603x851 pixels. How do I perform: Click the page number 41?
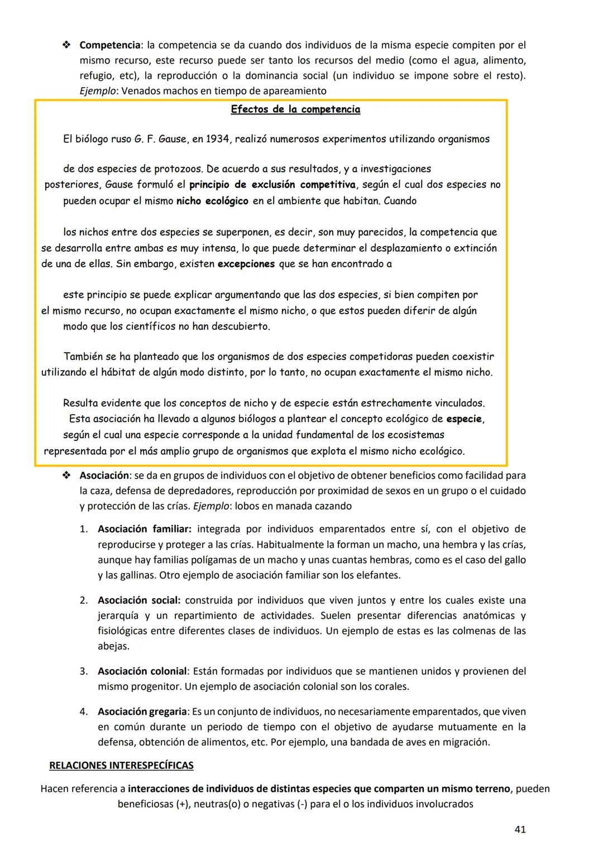[519, 829]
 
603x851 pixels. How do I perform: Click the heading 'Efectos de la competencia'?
[295, 109]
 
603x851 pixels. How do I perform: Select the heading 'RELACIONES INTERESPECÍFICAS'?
[121, 765]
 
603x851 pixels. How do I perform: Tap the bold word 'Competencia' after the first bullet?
[111, 45]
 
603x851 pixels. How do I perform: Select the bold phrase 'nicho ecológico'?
[212, 201]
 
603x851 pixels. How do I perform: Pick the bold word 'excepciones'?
[246, 264]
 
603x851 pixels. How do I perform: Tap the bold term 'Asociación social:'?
[139, 600]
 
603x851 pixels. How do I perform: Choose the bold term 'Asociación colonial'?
[142, 671]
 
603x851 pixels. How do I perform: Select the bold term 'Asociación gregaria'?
[142, 711]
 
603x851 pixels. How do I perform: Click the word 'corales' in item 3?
[392, 686]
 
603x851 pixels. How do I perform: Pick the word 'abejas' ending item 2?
[113, 646]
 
